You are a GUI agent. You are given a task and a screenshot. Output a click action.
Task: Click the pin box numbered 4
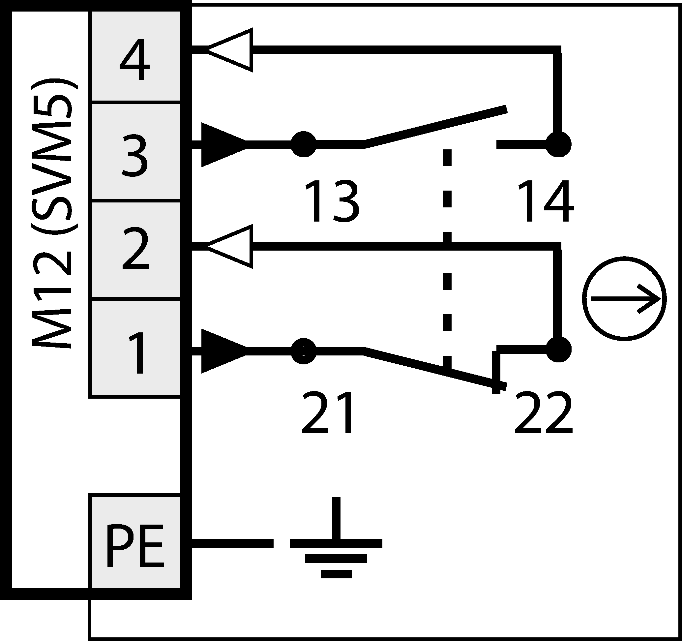[x=135, y=57]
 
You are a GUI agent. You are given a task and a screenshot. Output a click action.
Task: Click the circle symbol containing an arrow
[x=624, y=299]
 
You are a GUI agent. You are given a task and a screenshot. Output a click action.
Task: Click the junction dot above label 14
[x=558, y=144]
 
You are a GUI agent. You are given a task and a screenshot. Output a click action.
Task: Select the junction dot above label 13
[x=304, y=144]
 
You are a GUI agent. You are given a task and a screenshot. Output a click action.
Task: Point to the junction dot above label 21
[x=304, y=351]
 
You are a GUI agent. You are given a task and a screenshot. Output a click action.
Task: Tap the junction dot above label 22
[x=558, y=350]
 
